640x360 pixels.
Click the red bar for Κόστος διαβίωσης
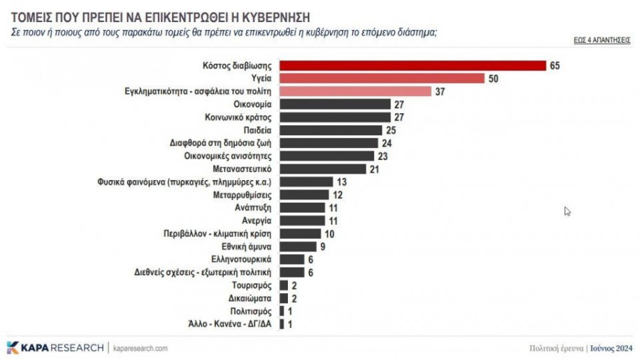tap(412, 65)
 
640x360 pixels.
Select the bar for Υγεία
tap(382, 78)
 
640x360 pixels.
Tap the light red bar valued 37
tap(356, 91)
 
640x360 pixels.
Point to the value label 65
tap(555, 65)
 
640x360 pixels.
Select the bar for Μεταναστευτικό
tap(323, 169)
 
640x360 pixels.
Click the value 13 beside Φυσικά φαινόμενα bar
tap(341, 181)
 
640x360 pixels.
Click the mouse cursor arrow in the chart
tap(567, 211)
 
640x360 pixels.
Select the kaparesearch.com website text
tap(140, 348)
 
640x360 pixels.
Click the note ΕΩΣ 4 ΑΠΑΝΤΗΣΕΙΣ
tap(602, 41)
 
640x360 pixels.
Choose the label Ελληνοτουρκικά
tap(242, 259)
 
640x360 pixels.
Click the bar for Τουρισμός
tap(284, 285)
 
